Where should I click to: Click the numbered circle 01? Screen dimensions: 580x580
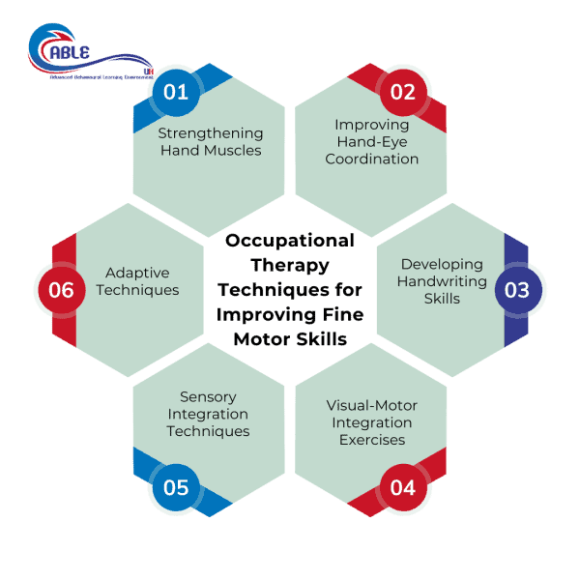pos(176,93)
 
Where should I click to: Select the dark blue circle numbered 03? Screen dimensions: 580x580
pos(517,290)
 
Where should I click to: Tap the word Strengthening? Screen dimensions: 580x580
pos(210,133)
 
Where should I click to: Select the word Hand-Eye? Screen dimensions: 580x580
pos(372,141)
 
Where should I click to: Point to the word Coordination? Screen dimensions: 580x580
pos(372,159)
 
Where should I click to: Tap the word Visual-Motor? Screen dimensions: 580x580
pos(372,405)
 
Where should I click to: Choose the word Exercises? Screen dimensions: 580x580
pos(372,440)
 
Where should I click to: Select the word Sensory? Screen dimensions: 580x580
pos(208,396)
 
